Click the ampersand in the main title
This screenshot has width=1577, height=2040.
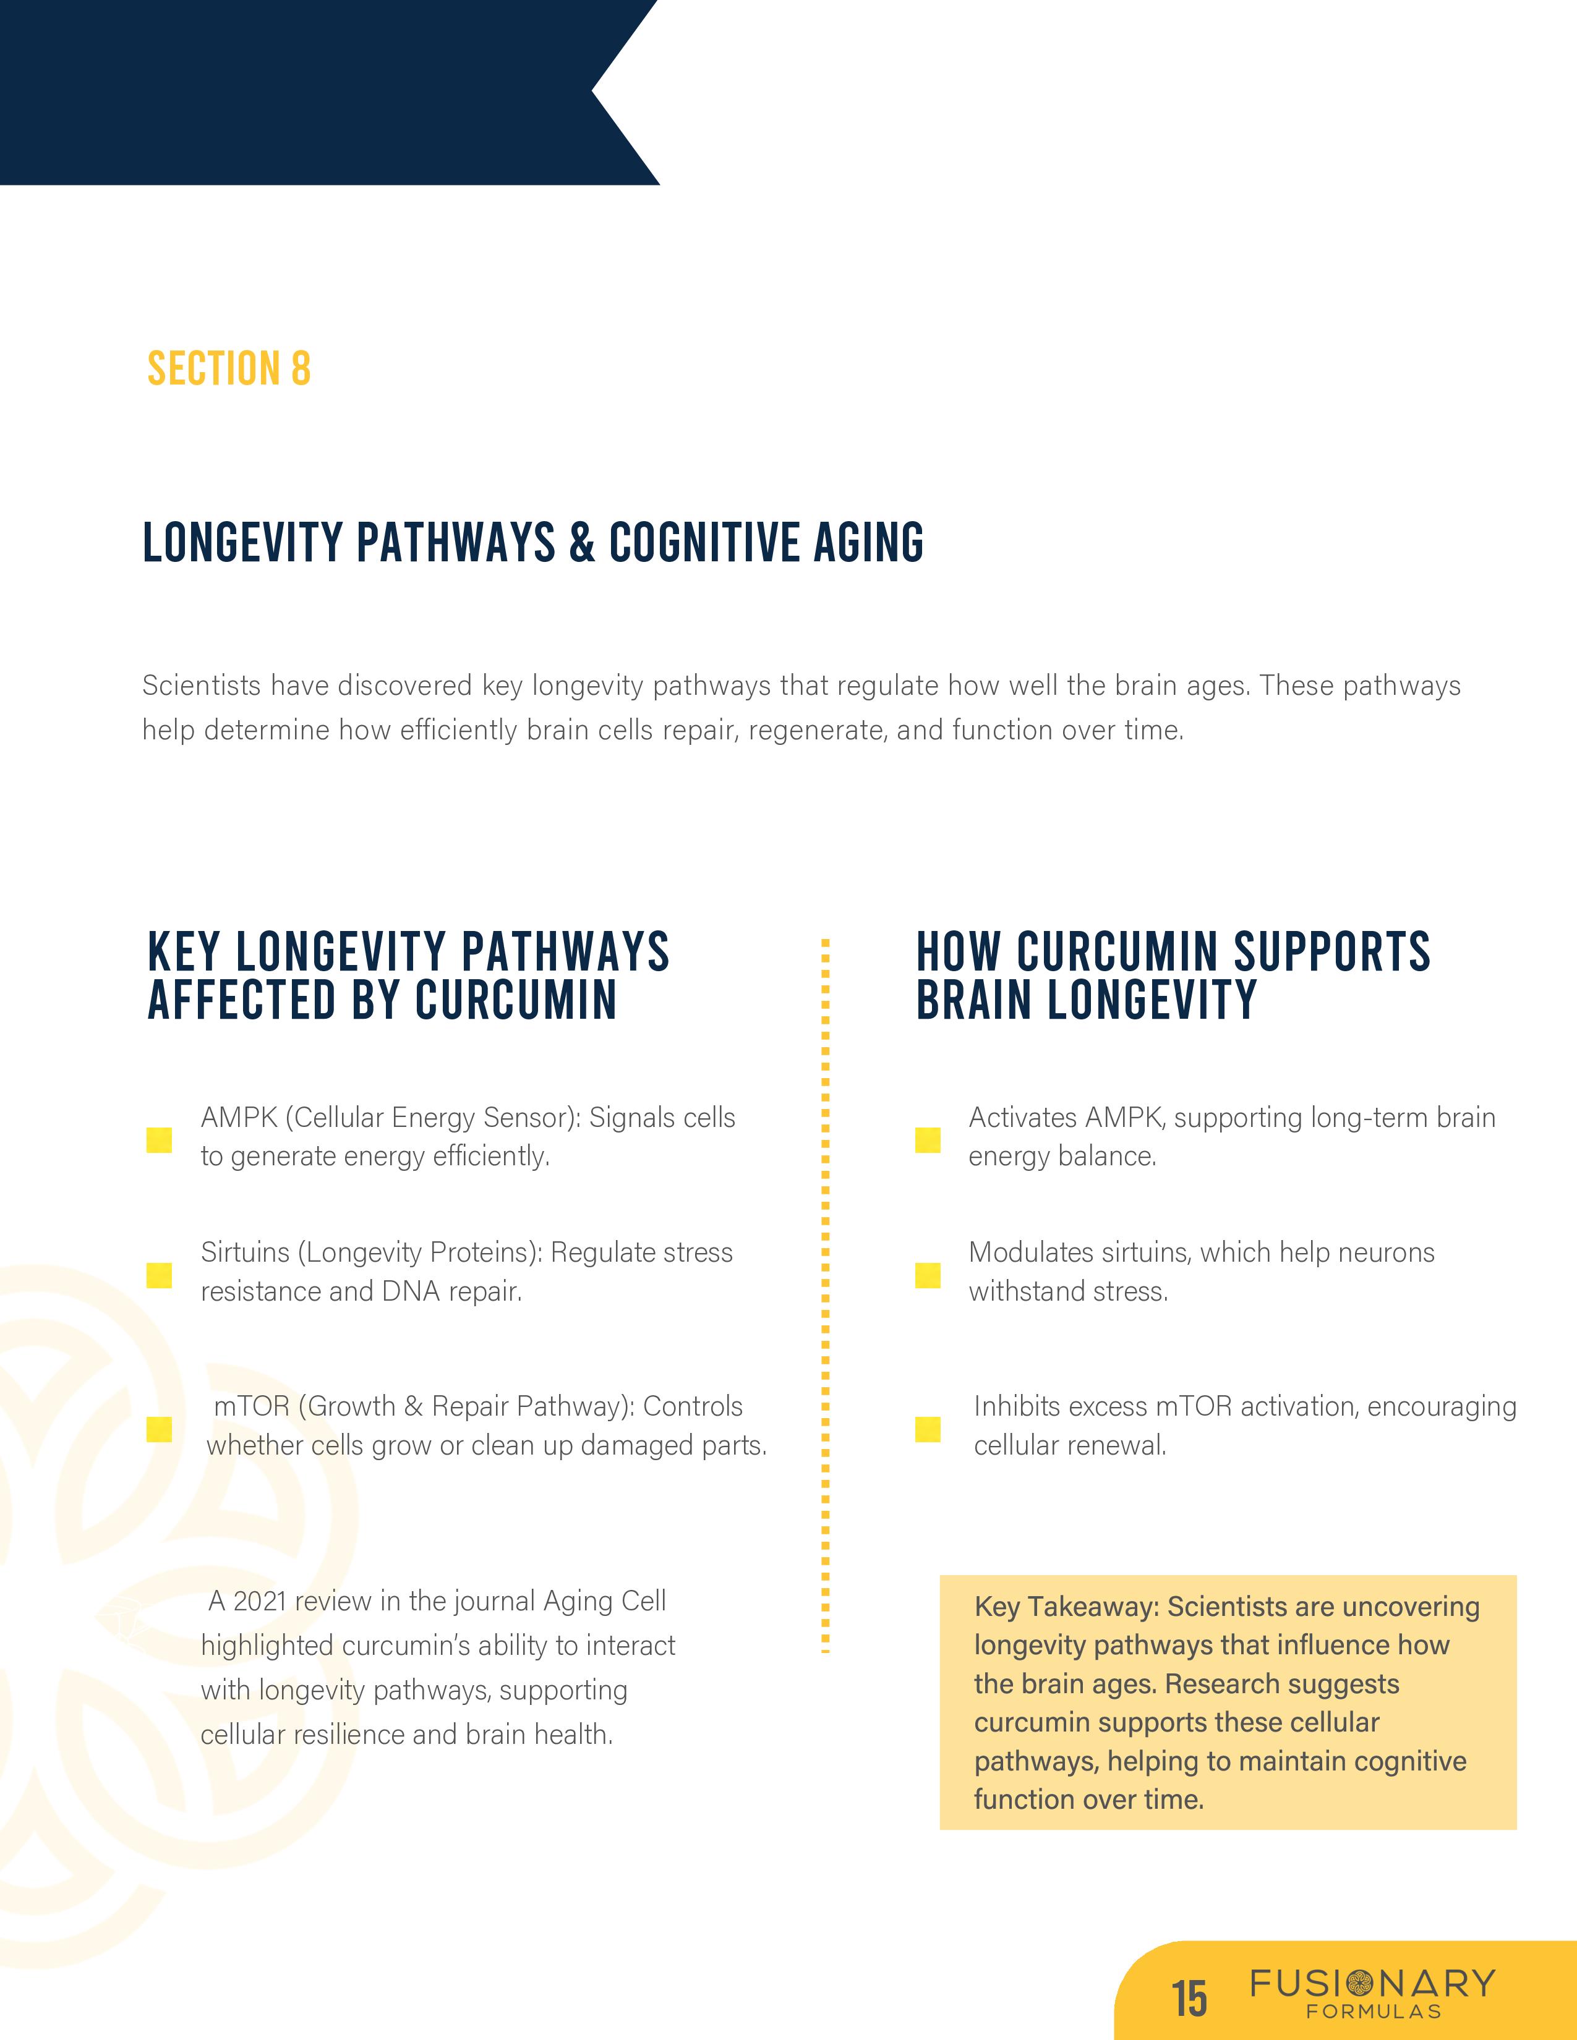click(581, 543)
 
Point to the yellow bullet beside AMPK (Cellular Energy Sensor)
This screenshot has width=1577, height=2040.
click(159, 1139)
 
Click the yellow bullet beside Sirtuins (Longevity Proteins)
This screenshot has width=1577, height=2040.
click(159, 1275)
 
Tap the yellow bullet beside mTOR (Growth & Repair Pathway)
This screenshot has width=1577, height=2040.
click(159, 1429)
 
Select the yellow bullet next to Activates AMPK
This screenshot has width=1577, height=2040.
click(927, 1139)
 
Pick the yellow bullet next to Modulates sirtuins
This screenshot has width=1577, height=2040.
click(927, 1275)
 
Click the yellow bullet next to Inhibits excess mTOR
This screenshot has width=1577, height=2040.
click(927, 1429)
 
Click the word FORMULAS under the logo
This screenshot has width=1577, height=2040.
click(1374, 2011)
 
